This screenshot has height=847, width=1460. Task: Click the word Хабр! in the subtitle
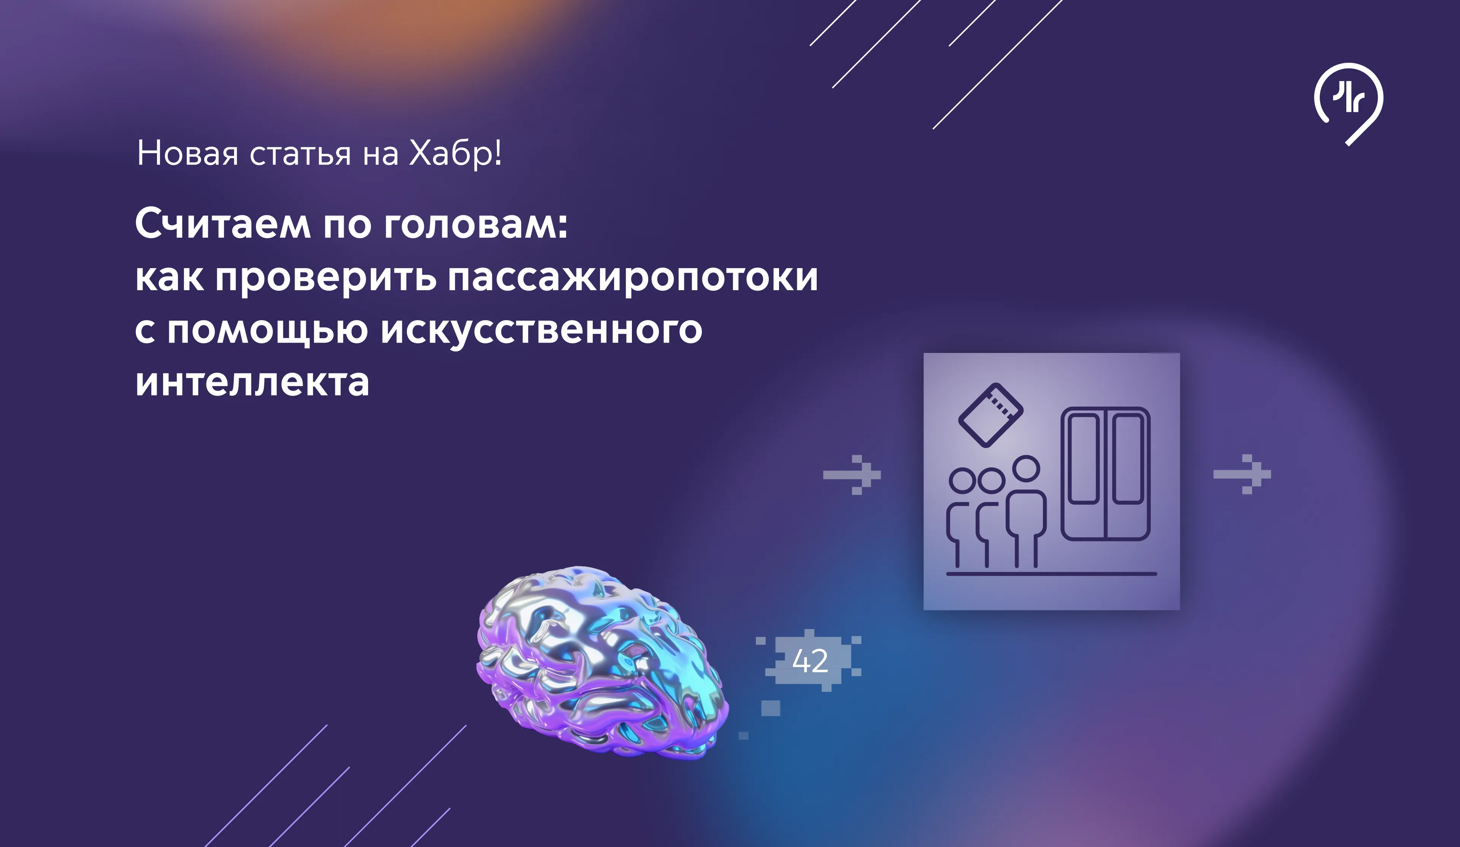(455, 154)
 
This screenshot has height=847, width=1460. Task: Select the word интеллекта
(252, 382)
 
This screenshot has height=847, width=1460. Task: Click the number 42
(810, 661)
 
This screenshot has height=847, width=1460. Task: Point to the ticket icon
(991, 415)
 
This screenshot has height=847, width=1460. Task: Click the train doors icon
(1105, 474)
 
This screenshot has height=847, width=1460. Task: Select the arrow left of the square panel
(852, 475)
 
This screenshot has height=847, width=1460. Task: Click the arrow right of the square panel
(1242, 474)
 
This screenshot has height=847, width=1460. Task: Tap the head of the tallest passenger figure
(1027, 469)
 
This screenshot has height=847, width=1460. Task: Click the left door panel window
(1084, 459)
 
